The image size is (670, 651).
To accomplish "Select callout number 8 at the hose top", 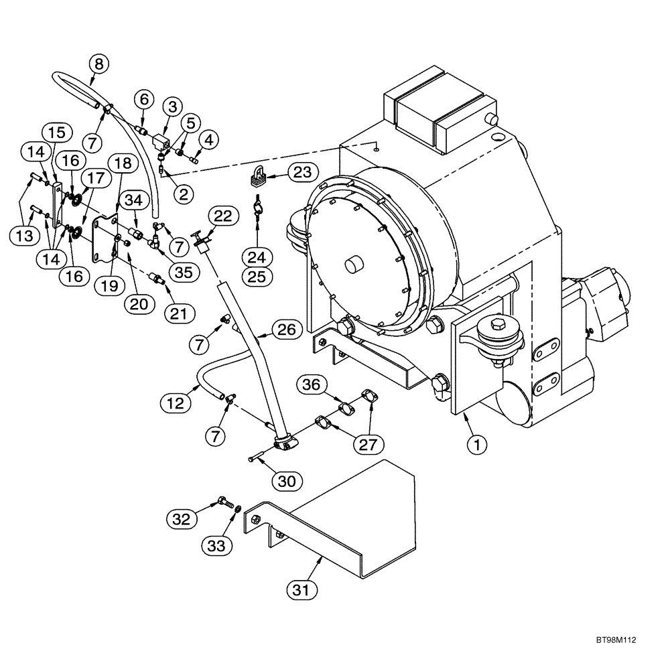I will [98, 64].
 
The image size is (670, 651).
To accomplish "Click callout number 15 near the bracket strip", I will [56, 131].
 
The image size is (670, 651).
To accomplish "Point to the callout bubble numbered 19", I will [109, 285].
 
